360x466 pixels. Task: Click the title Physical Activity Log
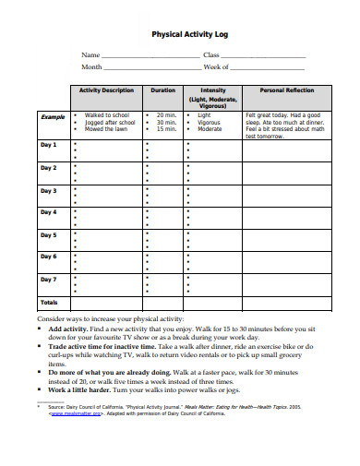pos(189,34)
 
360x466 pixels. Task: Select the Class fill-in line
pos(269,56)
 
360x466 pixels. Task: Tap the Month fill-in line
pos(151,68)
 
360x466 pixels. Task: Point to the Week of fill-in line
pos(268,68)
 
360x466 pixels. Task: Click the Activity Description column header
pos(106,90)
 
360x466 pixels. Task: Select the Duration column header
pos(162,90)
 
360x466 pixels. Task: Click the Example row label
pos(53,117)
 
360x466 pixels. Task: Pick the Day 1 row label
pos(49,145)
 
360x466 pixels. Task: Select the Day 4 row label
pos(49,212)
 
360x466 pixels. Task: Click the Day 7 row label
pos(49,278)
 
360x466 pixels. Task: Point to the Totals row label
pos(49,302)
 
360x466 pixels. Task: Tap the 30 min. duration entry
pos(166,122)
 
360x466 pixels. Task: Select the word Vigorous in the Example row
pos(210,122)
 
